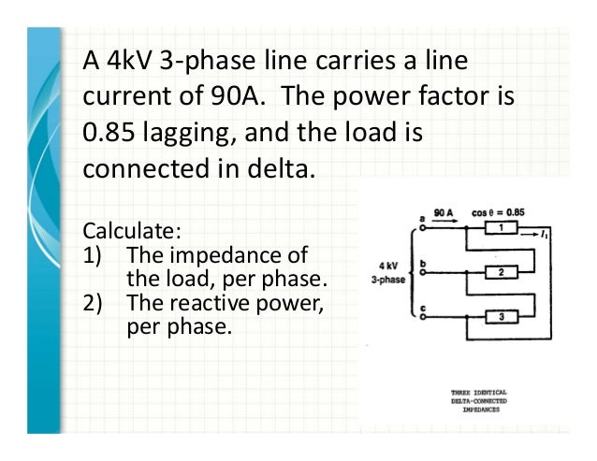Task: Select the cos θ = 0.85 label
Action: [x=499, y=212]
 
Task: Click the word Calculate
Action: [x=120, y=229]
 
